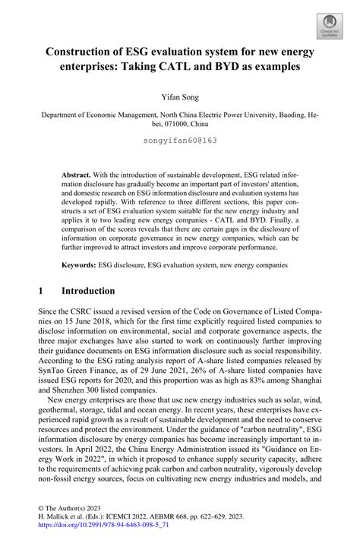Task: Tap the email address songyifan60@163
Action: pos(180,140)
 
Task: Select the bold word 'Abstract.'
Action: pos(77,174)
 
